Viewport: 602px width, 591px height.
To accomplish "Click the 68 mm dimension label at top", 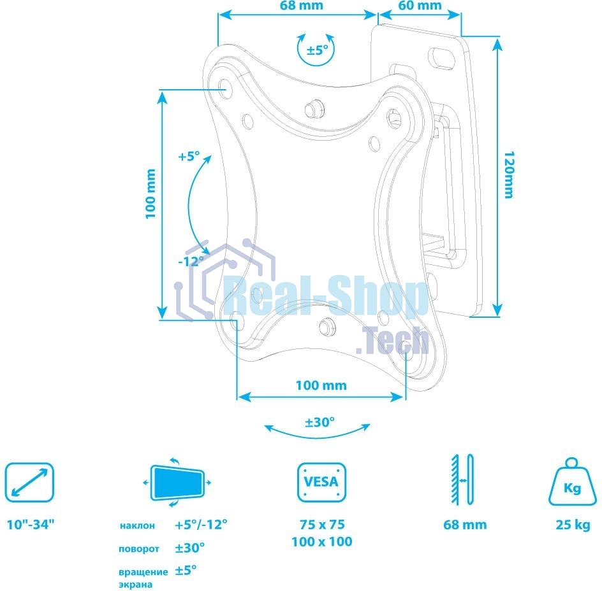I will (301, 6).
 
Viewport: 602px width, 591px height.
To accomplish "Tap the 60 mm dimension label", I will (420, 6).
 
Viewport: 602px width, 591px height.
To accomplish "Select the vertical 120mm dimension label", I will (508, 174).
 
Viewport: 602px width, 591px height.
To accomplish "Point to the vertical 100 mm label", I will (150, 194).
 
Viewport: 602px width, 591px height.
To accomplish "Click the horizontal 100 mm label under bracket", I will (321, 385).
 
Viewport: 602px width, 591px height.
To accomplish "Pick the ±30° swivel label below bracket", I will (319, 422).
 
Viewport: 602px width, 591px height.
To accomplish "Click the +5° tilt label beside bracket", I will (189, 155).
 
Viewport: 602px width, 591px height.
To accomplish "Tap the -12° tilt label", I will (191, 260).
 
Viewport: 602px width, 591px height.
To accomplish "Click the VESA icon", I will (321, 482).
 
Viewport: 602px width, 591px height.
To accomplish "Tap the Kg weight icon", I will (572, 482).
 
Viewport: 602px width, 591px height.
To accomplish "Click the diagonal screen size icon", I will (29, 482).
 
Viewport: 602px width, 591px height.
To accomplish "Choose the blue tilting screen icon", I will (177, 482).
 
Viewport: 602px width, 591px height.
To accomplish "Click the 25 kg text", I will (572, 525).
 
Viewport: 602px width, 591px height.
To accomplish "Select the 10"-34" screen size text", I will (31, 525).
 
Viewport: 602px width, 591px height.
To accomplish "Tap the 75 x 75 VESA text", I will (321, 525).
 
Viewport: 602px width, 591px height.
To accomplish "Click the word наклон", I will (137, 526).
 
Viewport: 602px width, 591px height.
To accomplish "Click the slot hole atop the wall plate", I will (440, 56).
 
